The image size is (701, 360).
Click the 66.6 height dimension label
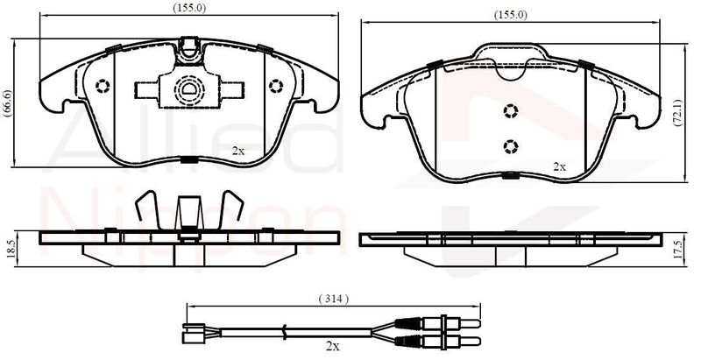[7, 103]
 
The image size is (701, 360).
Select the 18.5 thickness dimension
[11, 249]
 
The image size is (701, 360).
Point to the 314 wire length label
[334, 299]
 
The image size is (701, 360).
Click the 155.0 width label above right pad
[511, 14]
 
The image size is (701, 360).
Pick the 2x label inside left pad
[238, 151]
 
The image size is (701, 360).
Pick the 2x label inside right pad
[559, 167]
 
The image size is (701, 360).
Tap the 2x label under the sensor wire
[333, 345]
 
